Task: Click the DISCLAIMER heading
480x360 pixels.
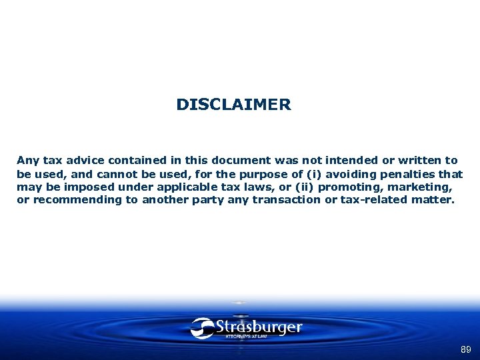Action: pyautogui.click(x=233, y=105)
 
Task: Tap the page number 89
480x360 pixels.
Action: pyautogui.click(x=465, y=349)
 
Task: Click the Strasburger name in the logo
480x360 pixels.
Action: pyautogui.click(x=259, y=327)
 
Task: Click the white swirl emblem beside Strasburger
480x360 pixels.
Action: pyautogui.click(x=202, y=328)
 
